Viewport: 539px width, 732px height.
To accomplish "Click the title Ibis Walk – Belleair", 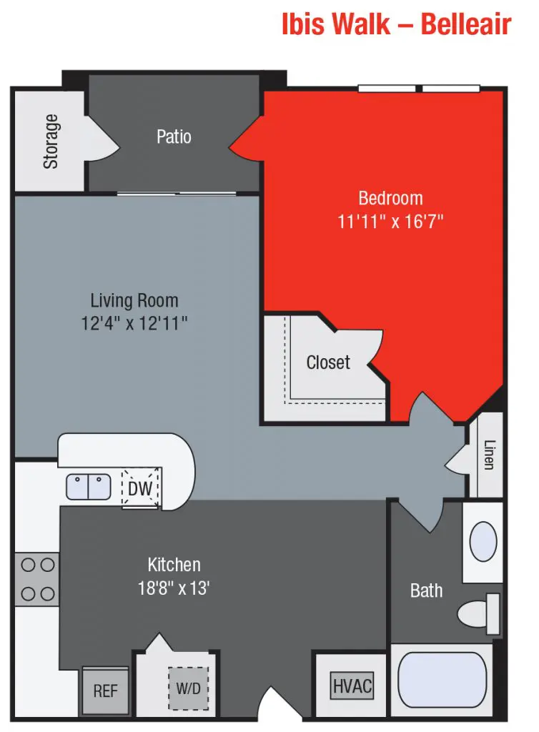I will [397, 24].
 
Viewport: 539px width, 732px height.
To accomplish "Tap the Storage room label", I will [51, 142].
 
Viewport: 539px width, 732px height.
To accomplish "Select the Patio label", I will [174, 136].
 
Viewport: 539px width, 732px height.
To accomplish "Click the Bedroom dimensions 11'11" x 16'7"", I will [390, 222].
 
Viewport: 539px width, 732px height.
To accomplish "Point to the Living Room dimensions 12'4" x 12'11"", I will [134, 323].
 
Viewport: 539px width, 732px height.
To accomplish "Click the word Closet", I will [328, 362].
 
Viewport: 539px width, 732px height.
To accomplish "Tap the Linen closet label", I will [488, 455].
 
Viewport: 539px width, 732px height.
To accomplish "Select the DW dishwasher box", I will [139, 489].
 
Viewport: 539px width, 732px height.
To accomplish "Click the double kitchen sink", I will [89, 487].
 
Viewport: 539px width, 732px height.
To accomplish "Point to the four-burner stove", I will [37, 578].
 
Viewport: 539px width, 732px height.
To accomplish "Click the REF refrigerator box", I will [105, 691].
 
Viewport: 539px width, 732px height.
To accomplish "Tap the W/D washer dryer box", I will [189, 689].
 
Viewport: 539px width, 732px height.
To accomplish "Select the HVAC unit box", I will [352, 686].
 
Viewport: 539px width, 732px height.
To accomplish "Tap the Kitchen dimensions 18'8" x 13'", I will [174, 589].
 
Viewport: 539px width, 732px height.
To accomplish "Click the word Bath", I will [426, 590].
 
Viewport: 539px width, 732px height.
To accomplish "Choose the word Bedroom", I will [390, 198].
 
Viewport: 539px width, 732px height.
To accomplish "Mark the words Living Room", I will [134, 300].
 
